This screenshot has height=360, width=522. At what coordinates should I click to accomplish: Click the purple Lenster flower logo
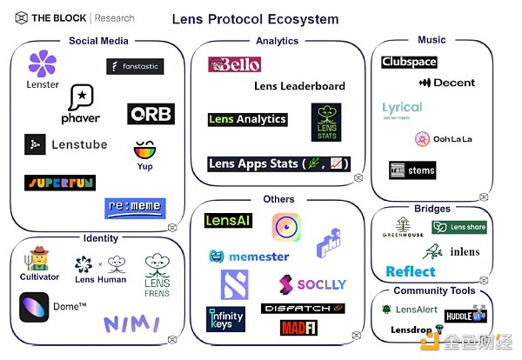coord(43,64)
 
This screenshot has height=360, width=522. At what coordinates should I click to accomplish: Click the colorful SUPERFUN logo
coord(60,183)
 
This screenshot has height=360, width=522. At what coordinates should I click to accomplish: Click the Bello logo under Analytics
coord(235,64)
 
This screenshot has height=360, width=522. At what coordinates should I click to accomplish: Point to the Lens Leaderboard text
coord(299,86)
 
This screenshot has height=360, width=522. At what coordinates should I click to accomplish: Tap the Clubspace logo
coord(409,63)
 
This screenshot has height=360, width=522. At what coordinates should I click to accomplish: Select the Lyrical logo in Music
coord(402,108)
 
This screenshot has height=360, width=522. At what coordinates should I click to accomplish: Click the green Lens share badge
coord(459,228)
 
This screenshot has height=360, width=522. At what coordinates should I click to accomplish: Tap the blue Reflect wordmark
coord(411,271)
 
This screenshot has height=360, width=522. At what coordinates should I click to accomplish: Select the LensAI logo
coord(228,221)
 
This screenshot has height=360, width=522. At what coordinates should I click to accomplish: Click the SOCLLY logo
coord(312,283)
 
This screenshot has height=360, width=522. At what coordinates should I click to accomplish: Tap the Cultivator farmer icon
coord(38,258)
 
